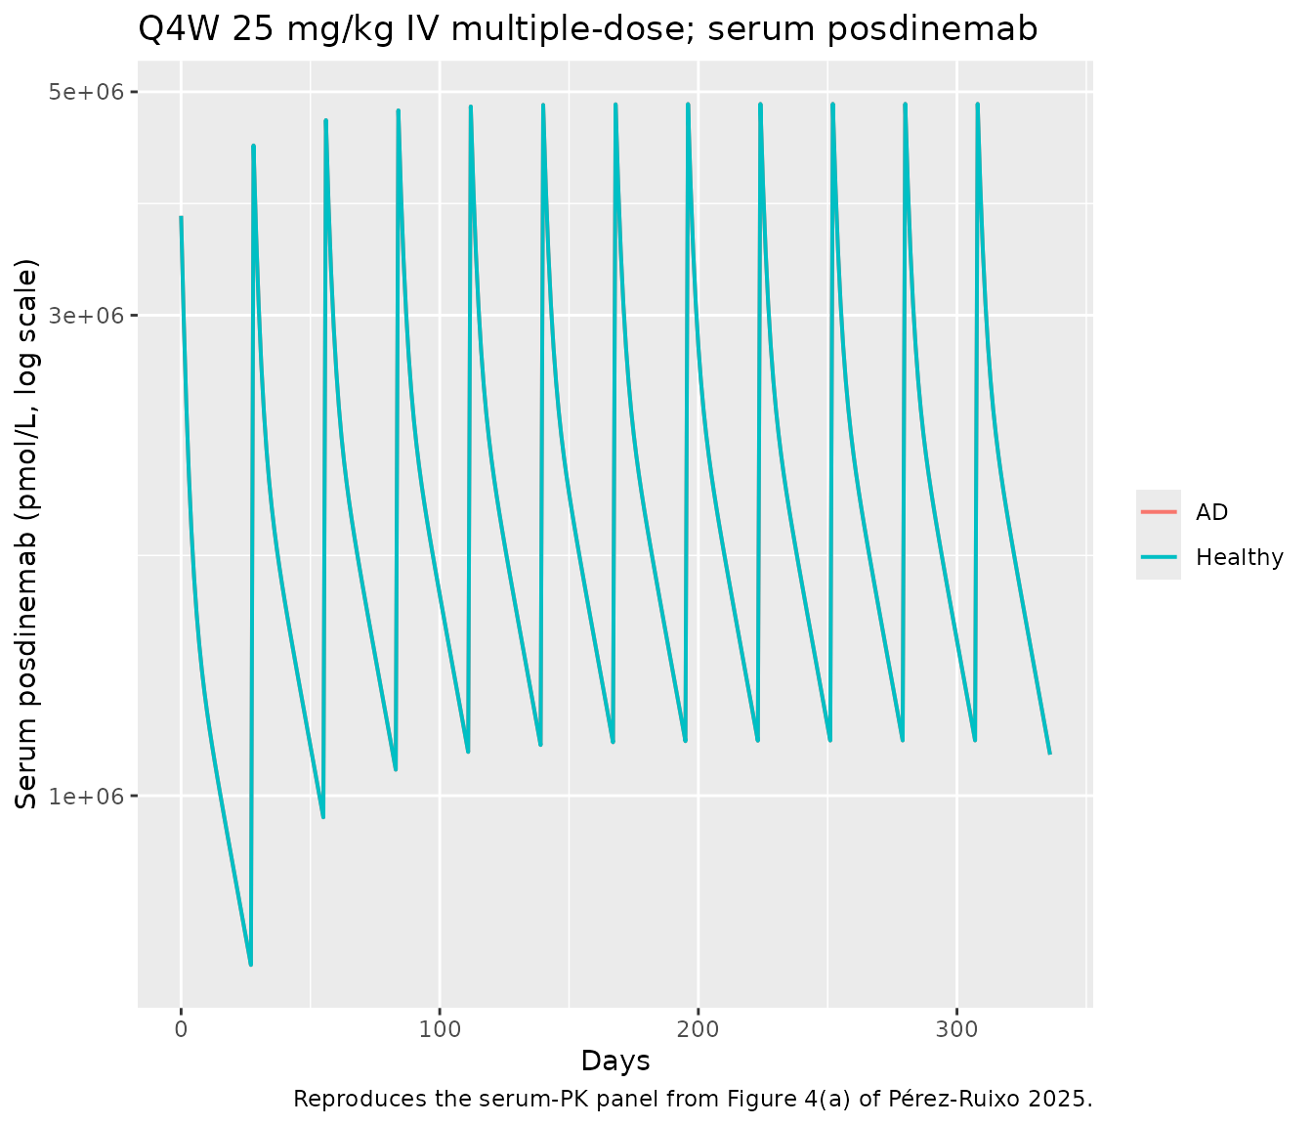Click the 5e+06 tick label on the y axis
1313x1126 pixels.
88,92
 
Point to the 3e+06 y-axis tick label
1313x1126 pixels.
88,316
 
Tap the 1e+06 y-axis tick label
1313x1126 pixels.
88,796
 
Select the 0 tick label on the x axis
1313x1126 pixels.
181,1029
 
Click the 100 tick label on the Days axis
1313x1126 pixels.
440,1029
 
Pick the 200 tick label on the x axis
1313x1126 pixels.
699,1029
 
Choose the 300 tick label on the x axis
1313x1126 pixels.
956,1029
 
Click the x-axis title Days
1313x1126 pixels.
615,1061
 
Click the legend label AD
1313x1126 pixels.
1211,512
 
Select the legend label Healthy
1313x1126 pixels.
1239,557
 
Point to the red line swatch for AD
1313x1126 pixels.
1159,512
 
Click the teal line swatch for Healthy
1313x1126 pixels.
1159,557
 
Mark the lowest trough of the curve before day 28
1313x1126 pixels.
250,965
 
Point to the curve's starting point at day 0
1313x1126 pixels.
181,218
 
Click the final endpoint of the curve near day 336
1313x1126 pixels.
1049,754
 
